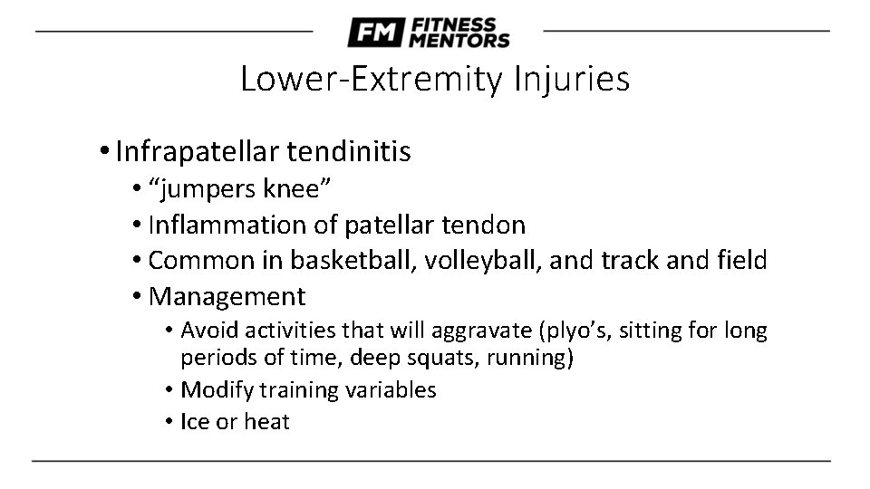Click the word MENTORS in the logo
[x=459, y=40]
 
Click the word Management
[x=227, y=296]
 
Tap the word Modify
[x=217, y=390]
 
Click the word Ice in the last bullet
[x=195, y=421]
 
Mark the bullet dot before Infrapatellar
[x=106, y=151]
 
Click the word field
[x=742, y=260]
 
